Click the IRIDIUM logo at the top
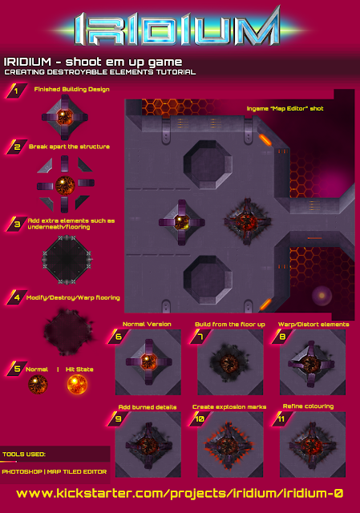177,29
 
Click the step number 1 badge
16,91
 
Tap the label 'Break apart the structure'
69,147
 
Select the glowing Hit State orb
77,384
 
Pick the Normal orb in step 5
38,384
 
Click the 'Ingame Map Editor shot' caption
285,109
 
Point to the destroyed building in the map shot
248,221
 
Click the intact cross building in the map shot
182,223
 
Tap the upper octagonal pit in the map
208,164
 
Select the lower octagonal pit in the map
208,280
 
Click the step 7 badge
200,337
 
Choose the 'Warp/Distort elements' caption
313,324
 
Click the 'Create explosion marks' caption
229,407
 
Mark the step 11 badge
281,419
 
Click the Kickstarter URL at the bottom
180,494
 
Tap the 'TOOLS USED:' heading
24,454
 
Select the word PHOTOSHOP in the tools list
22,472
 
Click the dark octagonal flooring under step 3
67,259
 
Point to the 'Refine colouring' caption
309,406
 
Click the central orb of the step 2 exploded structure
65,185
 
